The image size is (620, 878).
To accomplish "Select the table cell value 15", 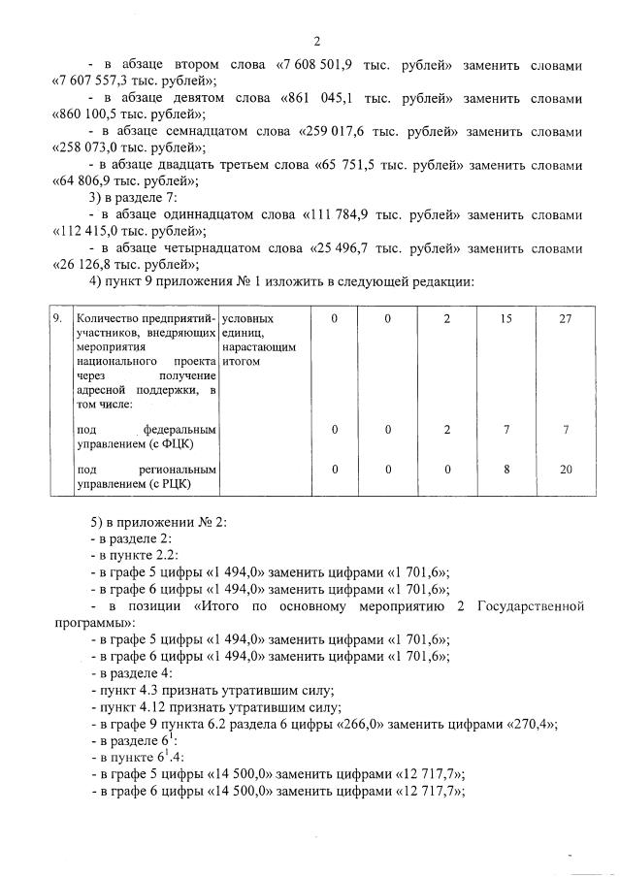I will click(506, 318).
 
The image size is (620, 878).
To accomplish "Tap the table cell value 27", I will click(566, 318).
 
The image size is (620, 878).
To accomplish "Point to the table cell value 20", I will click(566, 469).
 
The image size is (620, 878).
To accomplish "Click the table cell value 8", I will click(506, 469).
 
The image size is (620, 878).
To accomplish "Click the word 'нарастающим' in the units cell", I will click(257, 345).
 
